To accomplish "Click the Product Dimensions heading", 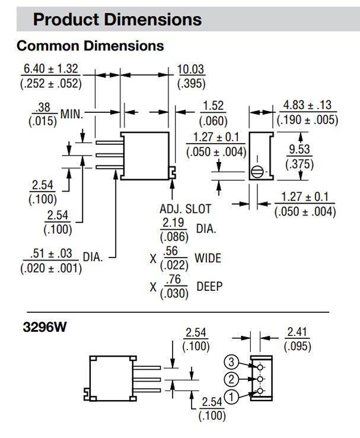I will (x=117, y=19).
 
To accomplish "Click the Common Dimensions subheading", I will (x=90, y=45).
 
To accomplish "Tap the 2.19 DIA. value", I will (x=173, y=223).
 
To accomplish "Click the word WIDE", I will (x=208, y=259).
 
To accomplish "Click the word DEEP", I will (x=208, y=286).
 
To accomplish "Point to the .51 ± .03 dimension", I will (x=50, y=254).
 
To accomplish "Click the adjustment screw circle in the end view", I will (x=257, y=171).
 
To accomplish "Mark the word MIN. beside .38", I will (x=72, y=112).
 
